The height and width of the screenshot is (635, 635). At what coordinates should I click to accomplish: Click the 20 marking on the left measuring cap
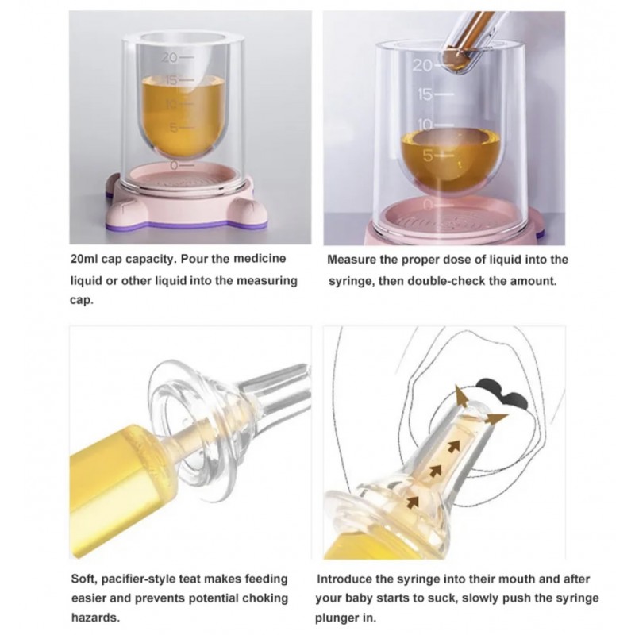pyautogui.click(x=170, y=58)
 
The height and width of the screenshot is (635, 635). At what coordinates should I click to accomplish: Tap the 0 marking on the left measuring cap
pyautogui.click(x=174, y=165)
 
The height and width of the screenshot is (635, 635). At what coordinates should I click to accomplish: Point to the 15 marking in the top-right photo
pyautogui.click(x=425, y=94)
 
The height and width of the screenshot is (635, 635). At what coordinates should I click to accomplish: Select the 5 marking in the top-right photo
pyautogui.click(x=428, y=156)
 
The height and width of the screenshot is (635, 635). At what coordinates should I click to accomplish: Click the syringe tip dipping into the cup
pyautogui.click(x=458, y=61)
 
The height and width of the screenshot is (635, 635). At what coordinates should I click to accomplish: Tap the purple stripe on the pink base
pyautogui.click(x=187, y=224)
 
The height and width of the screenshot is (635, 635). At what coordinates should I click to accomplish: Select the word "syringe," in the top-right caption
pyautogui.click(x=351, y=281)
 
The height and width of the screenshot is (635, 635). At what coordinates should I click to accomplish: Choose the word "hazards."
pyautogui.click(x=95, y=618)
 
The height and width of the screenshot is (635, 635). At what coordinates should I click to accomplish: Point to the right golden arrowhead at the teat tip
pyautogui.click(x=497, y=419)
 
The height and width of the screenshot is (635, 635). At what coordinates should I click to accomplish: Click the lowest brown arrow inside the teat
pyautogui.click(x=413, y=502)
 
